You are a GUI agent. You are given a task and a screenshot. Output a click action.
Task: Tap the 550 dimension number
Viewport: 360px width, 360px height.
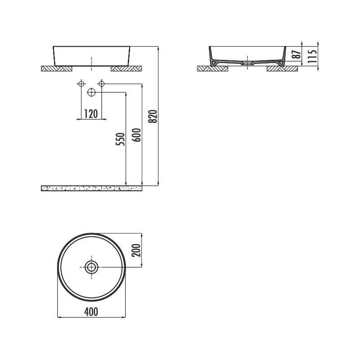tap(121, 139)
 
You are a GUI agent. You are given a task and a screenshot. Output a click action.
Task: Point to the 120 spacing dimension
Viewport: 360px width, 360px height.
tap(91, 114)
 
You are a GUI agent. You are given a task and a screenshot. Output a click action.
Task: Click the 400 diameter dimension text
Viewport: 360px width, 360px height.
tap(91, 311)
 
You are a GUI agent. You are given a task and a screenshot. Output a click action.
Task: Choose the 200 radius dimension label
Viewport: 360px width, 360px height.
tap(136, 250)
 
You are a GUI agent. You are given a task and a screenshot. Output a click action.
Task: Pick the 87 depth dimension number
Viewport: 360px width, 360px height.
tap(297, 54)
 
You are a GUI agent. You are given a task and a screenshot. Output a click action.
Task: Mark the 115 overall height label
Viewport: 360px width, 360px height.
tap(312, 56)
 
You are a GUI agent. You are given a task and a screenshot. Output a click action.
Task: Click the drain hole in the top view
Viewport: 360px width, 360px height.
tap(91, 267)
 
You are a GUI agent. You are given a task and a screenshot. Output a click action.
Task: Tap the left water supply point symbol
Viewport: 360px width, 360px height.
tap(81, 84)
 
